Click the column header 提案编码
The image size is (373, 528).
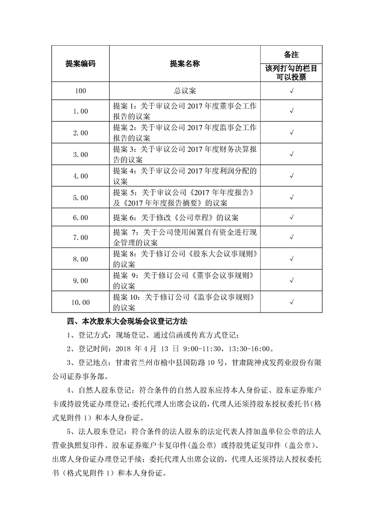[80, 64]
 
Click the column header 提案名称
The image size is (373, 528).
[184, 64]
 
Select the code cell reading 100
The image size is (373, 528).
[80, 90]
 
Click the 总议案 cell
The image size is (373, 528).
[184, 90]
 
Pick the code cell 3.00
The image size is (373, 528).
[80, 154]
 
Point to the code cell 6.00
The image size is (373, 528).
[80, 218]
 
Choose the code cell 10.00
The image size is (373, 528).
[80, 302]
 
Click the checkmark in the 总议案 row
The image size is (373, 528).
[292, 90]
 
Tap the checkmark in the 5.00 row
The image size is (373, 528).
[292, 197]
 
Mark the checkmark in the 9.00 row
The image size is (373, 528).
[292, 281]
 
